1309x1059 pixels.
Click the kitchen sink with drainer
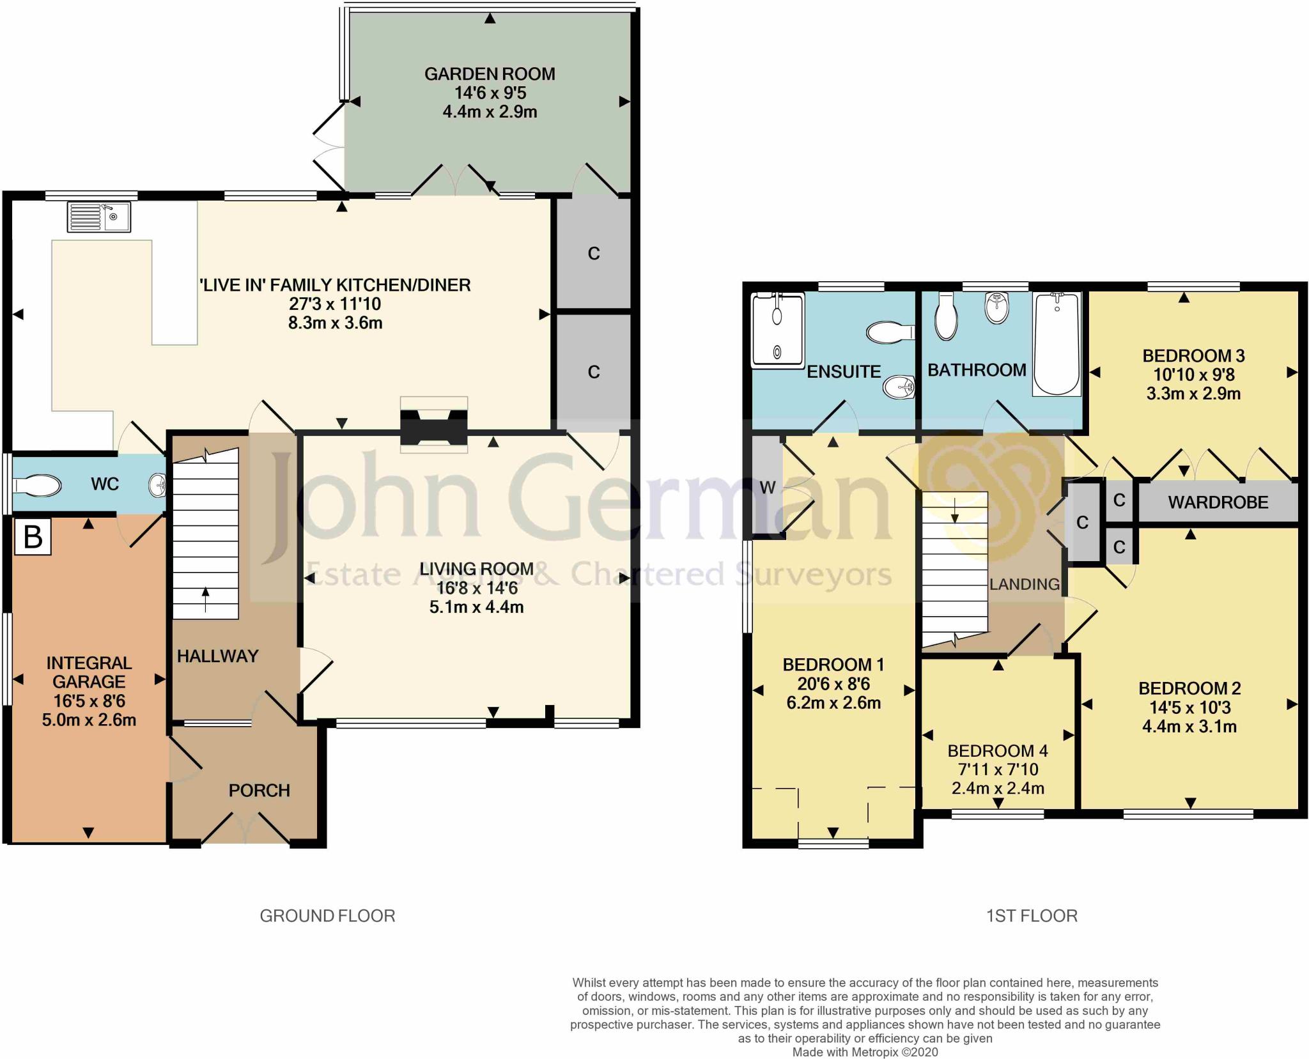coord(98,217)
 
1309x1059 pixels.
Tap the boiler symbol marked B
coord(33,537)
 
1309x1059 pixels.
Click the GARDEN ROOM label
coord(490,74)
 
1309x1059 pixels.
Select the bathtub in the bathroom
coord(1057,344)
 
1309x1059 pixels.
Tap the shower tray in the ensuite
coord(777,330)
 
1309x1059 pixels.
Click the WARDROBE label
coord(1218,502)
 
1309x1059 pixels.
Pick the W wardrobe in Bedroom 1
coord(767,488)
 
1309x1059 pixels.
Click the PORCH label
coord(259,791)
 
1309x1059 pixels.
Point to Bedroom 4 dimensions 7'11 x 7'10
coord(998,769)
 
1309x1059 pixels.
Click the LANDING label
coord(1024,584)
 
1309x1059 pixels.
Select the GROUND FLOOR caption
coord(327,916)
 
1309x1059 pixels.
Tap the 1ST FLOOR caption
coord(1031,916)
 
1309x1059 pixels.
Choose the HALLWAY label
coord(217,656)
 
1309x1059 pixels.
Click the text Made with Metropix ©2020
coord(865,1052)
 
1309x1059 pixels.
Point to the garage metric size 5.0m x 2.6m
coord(89,720)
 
